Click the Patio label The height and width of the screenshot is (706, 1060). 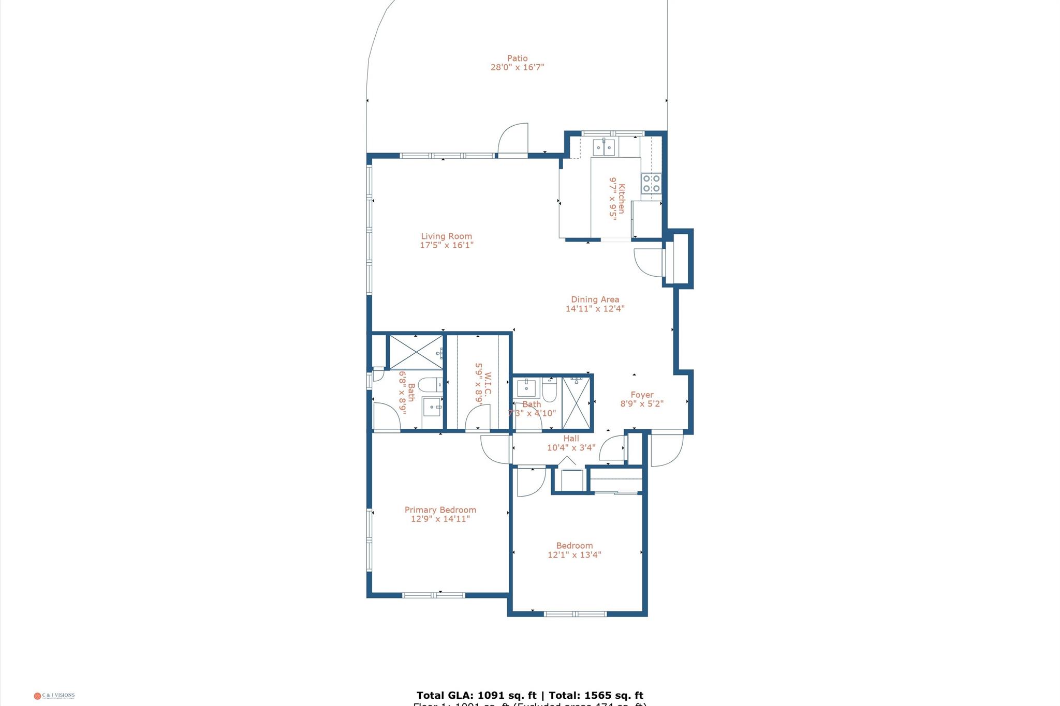point(517,58)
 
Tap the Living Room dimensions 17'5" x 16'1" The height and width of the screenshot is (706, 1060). point(446,245)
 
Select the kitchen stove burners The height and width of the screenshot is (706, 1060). point(651,183)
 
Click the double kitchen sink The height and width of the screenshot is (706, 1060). point(604,147)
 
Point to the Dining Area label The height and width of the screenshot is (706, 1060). point(595,299)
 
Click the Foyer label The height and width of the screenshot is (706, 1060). point(642,395)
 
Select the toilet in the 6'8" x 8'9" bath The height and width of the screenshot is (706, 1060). point(430,384)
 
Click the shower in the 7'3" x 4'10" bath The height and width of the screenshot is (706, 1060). point(576,402)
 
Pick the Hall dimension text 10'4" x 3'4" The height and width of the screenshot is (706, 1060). point(571,447)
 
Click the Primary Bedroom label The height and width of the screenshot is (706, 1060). point(440,509)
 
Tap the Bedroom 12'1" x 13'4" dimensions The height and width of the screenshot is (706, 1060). point(574,555)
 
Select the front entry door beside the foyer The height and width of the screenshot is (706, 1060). point(667,448)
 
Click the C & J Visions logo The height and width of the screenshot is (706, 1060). point(54,696)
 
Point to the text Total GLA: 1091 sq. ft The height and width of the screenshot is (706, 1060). point(476,695)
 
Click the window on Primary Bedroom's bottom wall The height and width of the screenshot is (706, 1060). point(433,595)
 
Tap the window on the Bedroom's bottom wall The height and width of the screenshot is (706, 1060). point(575,614)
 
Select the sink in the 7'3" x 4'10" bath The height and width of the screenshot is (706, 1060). point(526,387)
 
